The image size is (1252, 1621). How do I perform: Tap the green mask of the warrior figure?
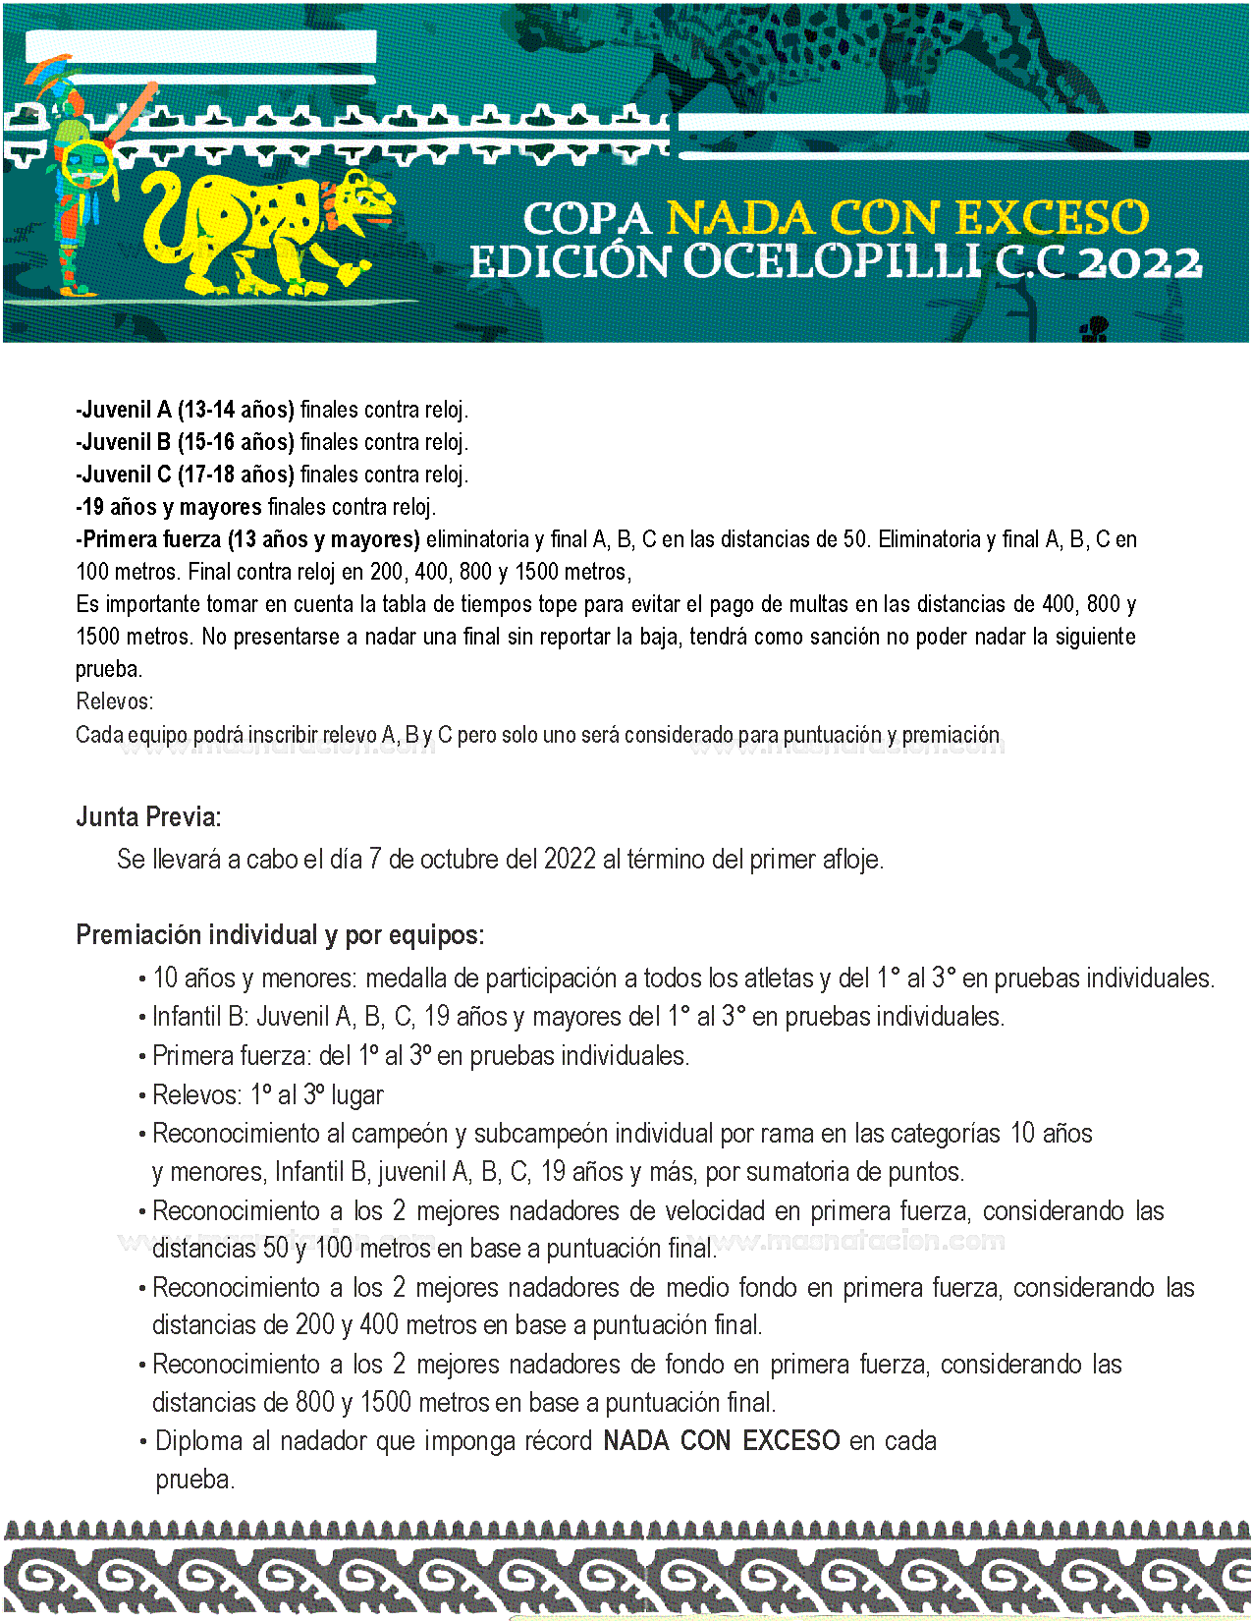(x=86, y=162)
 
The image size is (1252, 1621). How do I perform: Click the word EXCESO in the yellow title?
(x=1051, y=218)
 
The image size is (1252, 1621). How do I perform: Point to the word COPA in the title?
(x=586, y=218)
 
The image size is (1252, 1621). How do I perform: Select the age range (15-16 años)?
(x=236, y=442)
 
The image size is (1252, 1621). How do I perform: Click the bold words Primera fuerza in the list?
(x=151, y=539)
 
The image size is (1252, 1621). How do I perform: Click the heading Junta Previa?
(x=148, y=816)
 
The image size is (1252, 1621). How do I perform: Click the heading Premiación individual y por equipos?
(x=280, y=934)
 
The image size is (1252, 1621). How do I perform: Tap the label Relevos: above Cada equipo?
(x=114, y=701)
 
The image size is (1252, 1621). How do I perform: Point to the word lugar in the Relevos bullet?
(x=357, y=1094)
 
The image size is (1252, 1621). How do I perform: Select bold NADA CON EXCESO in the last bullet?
(x=722, y=1441)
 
